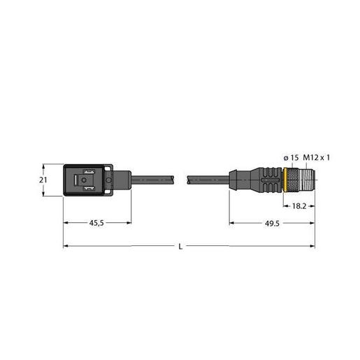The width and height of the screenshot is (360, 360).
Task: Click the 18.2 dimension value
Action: [298, 207]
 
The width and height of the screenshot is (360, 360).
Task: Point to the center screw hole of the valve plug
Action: [83, 180]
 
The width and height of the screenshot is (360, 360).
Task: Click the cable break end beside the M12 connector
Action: [187, 180]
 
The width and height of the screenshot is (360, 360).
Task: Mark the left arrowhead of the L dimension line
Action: [66, 246]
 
